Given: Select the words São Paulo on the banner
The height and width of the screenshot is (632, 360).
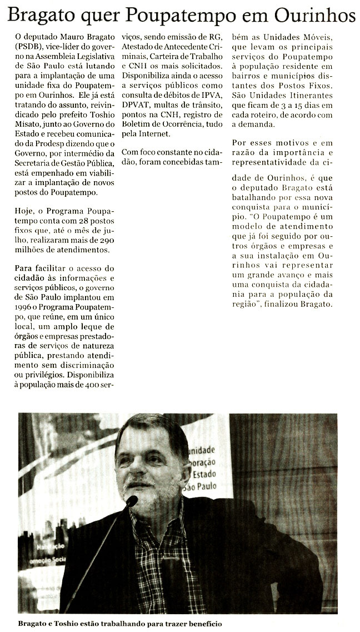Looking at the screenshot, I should [x=205, y=486].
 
